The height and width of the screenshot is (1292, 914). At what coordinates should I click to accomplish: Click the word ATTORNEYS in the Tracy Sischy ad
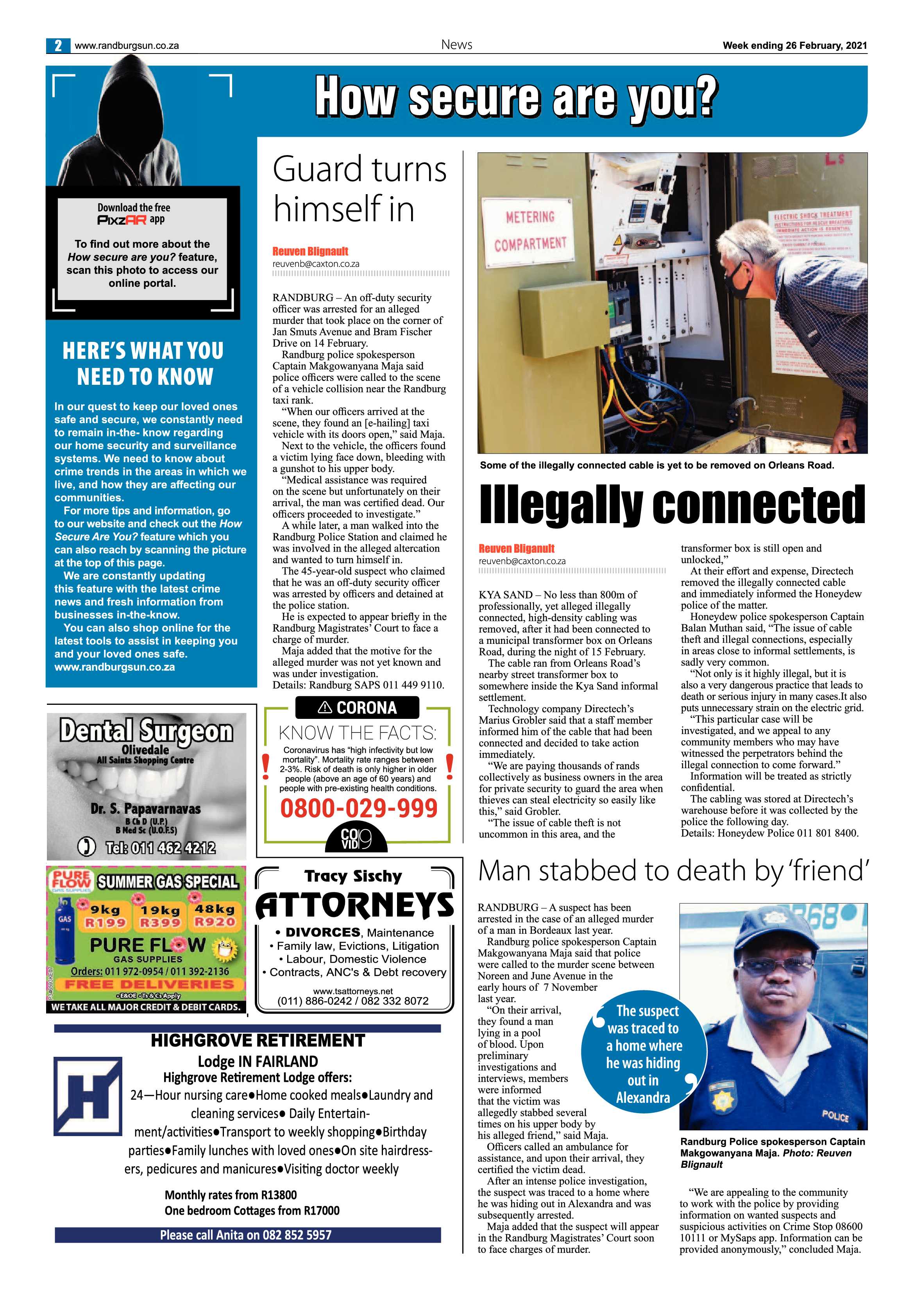click(354, 905)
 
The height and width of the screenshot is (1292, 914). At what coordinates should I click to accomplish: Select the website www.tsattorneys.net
click(353, 991)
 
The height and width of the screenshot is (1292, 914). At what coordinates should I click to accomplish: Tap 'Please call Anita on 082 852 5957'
click(246, 1235)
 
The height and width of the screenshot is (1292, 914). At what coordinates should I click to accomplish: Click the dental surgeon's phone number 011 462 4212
click(160, 847)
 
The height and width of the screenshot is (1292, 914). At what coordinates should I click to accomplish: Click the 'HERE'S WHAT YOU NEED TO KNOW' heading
click(143, 363)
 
